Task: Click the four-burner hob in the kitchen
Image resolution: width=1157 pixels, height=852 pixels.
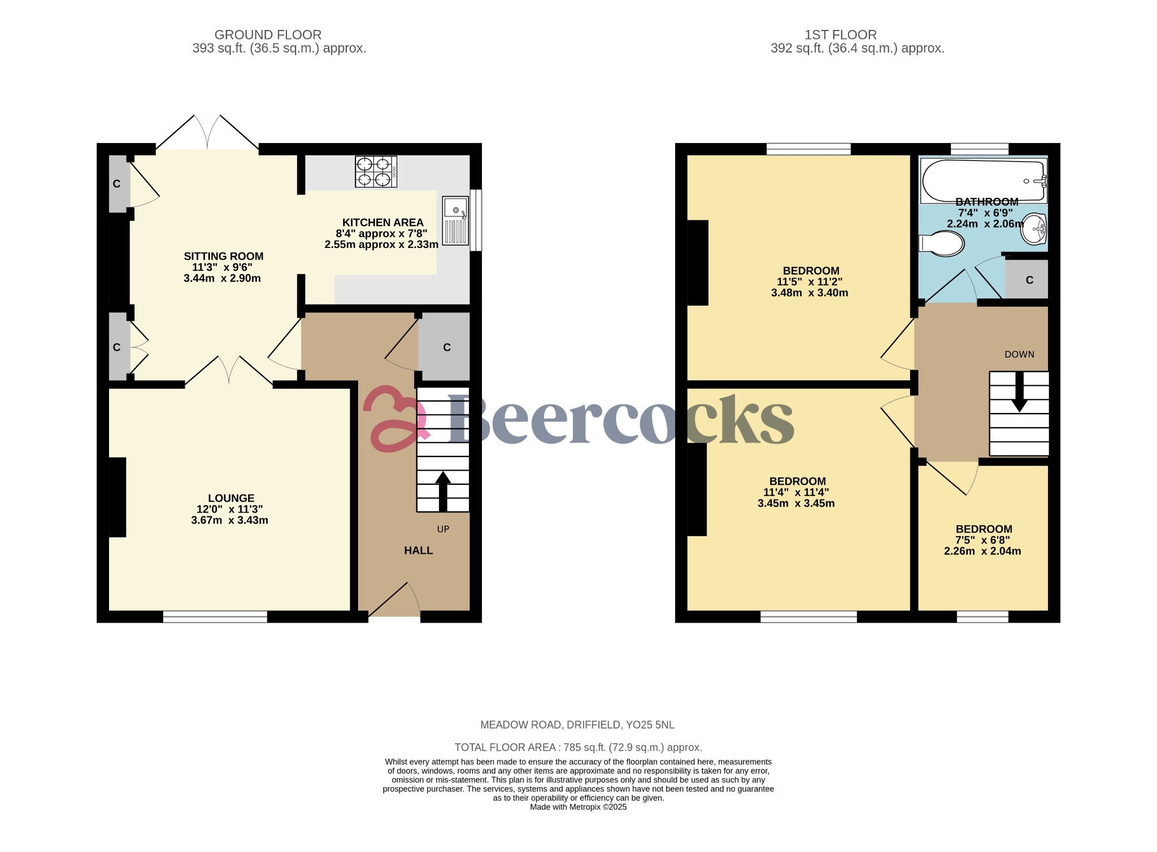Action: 376,172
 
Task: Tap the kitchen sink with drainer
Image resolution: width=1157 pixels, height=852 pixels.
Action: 455,220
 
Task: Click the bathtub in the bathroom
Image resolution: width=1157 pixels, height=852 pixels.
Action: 983,181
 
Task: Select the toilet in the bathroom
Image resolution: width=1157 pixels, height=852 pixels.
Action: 942,244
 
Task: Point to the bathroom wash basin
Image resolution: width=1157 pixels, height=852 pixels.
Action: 1034,228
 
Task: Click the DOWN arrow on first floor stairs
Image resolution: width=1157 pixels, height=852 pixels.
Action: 1019,391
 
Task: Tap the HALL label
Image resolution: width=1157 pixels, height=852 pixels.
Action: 418,550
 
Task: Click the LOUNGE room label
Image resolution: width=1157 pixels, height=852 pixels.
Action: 231,498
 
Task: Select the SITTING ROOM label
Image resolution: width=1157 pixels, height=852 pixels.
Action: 224,256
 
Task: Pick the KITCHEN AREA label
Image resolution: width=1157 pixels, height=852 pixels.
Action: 382,223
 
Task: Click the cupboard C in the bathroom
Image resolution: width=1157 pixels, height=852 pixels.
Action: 1029,280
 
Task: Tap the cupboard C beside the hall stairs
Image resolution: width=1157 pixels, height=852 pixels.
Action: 446,347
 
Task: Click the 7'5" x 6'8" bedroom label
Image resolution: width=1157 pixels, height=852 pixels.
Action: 983,540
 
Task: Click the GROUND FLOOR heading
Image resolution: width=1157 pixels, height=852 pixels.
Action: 268,34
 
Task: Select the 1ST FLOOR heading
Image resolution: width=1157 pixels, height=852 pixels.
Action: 840,34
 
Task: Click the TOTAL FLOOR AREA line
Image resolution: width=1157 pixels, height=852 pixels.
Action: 578,747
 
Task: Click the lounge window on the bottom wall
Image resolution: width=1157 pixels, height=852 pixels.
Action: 215,616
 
